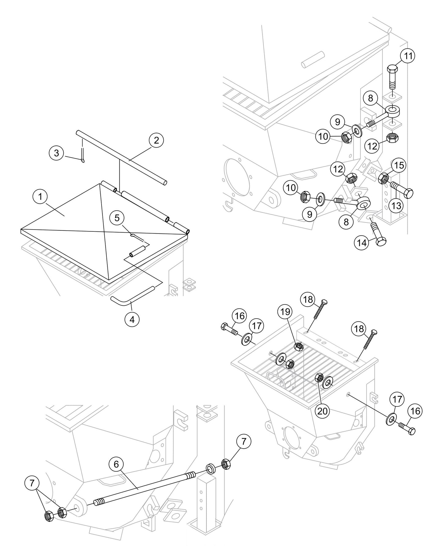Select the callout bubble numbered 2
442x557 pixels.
(156, 140)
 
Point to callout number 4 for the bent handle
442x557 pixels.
(132, 320)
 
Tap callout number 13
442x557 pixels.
(396, 206)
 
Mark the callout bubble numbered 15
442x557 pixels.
(399, 165)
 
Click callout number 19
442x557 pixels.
(285, 312)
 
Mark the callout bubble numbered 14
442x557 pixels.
(361, 243)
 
